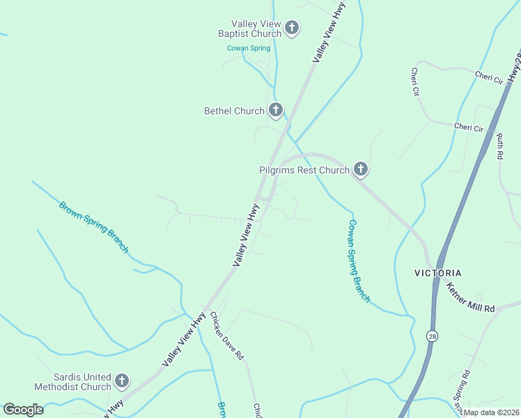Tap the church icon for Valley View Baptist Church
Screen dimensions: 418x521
coord(292,28)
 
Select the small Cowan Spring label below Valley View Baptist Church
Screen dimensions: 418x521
coord(248,48)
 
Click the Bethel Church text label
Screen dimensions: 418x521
coord(234,111)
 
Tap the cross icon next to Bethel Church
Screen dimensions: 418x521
coord(276,110)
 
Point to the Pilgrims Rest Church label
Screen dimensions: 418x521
coord(304,170)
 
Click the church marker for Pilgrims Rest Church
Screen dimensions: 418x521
coord(360,169)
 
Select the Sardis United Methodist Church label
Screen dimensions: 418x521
coord(72,381)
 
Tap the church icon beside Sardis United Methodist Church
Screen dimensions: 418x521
coord(122,380)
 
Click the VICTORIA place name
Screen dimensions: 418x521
coord(438,272)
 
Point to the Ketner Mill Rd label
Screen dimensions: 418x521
coord(470,297)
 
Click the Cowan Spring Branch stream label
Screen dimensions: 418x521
coord(359,261)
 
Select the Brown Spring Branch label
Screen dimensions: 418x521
coord(93,227)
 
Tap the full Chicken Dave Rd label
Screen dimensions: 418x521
coord(227,336)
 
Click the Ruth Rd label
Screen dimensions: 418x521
coord(500,147)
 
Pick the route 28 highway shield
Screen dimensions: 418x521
coord(433,336)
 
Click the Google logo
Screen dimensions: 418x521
coord(23,409)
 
